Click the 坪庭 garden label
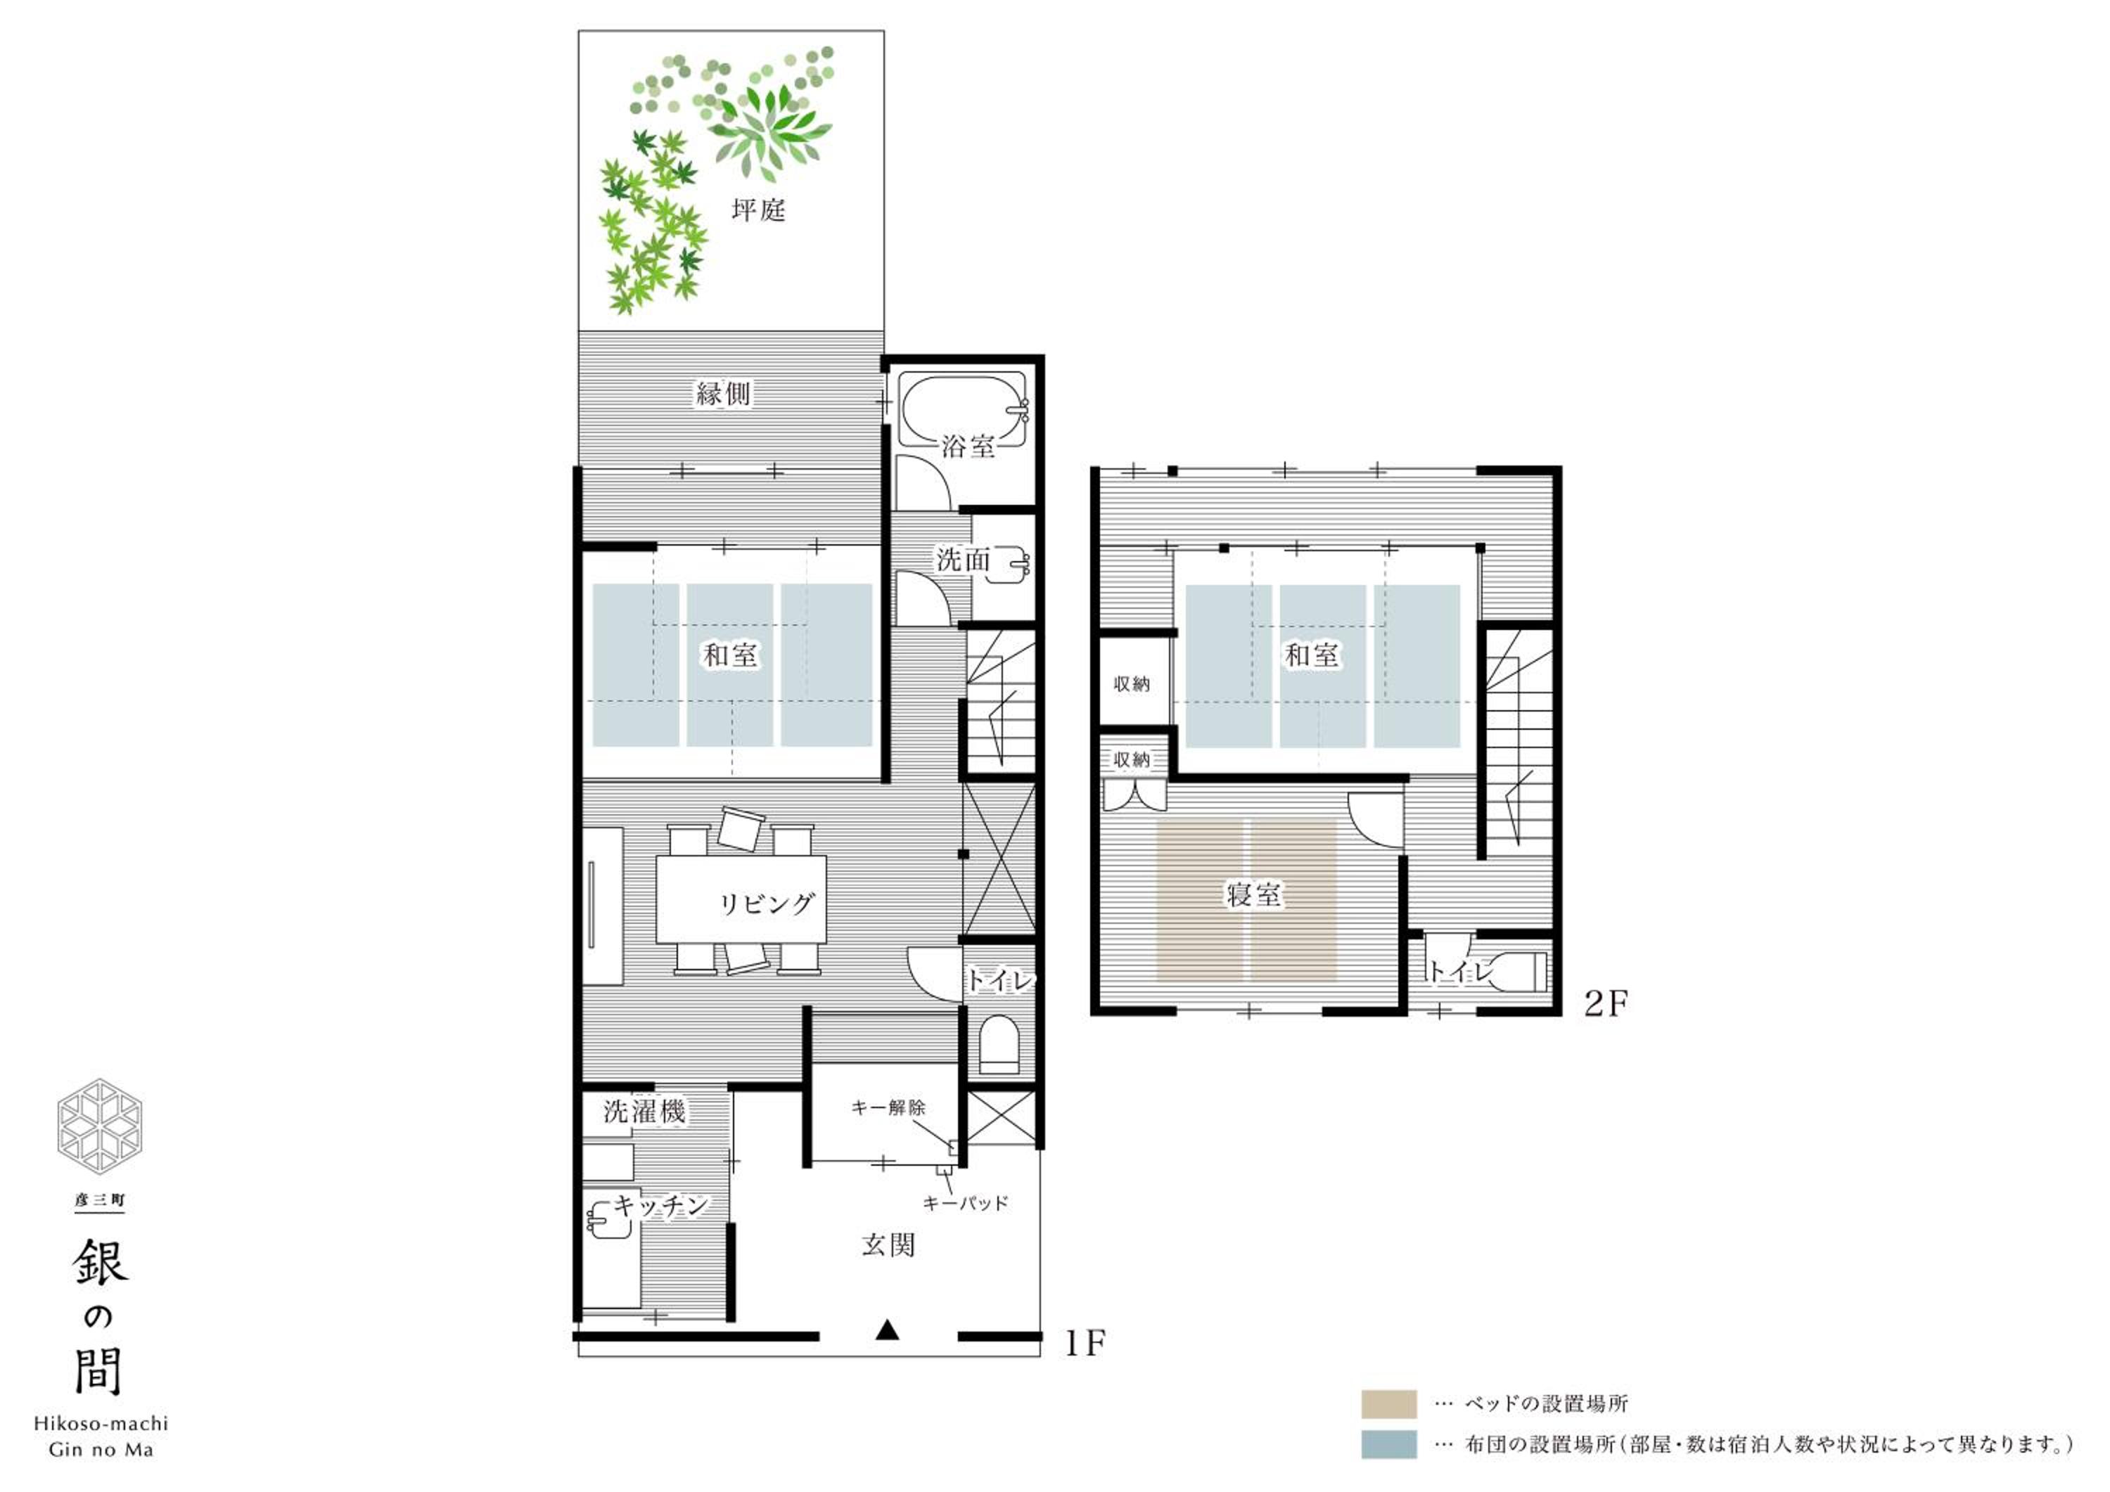click(x=758, y=210)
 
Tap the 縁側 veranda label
click(x=723, y=394)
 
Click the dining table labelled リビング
click(x=741, y=899)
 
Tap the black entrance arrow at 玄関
click(x=887, y=1330)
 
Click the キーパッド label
click(x=965, y=1202)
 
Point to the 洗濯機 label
click(x=644, y=1112)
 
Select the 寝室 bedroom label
click(x=1253, y=894)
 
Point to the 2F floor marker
click(x=1606, y=1003)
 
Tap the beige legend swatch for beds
click(x=1388, y=1405)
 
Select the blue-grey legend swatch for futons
click(x=1388, y=1445)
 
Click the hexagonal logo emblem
click(x=99, y=1127)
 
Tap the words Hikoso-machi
click(x=101, y=1424)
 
